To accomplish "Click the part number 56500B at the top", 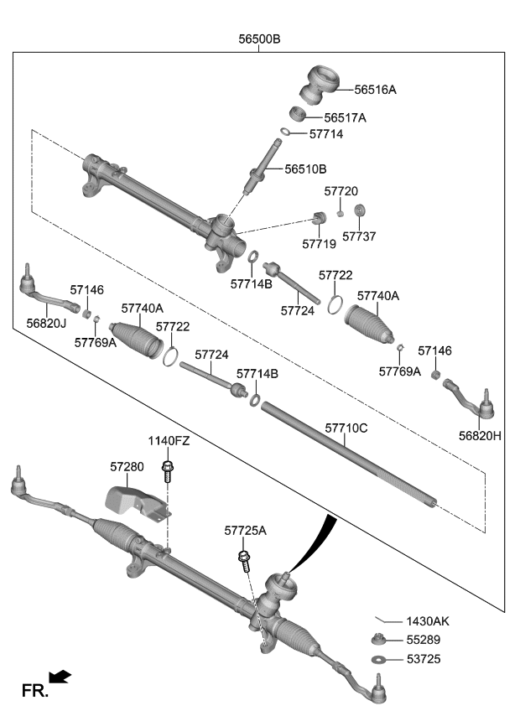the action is pyautogui.click(x=259, y=39).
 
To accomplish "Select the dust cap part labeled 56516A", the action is pyautogui.click(x=320, y=85).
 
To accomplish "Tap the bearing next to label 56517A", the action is pyautogui.click(x=298, y=113).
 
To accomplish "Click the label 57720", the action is pyautogui.click(x=341, y=191).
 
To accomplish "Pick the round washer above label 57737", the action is pyautogui.click(x=359, y=210).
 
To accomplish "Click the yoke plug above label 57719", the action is pyautogui.click(x=320, y=218).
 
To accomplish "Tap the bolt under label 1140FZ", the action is pyautogui.click(x=168, y=471).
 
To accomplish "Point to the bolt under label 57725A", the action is pyautogui.click(x=244, y=560).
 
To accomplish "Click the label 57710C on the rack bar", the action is pyautogui.click(x=346, y=428).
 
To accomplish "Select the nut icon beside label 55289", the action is pyautogui.click(x=378, y=640).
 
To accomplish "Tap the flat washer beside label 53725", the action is pyautogui.click(x=378, y=659).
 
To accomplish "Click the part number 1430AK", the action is pyautogui.click(x=428, y=621).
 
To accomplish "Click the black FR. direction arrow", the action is pyautogui.click(x=60, y=677).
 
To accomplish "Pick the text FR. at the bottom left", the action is pyautogui.click(x=34, y=691).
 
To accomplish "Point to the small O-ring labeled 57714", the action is pyautogui.click(x=285, y=132).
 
